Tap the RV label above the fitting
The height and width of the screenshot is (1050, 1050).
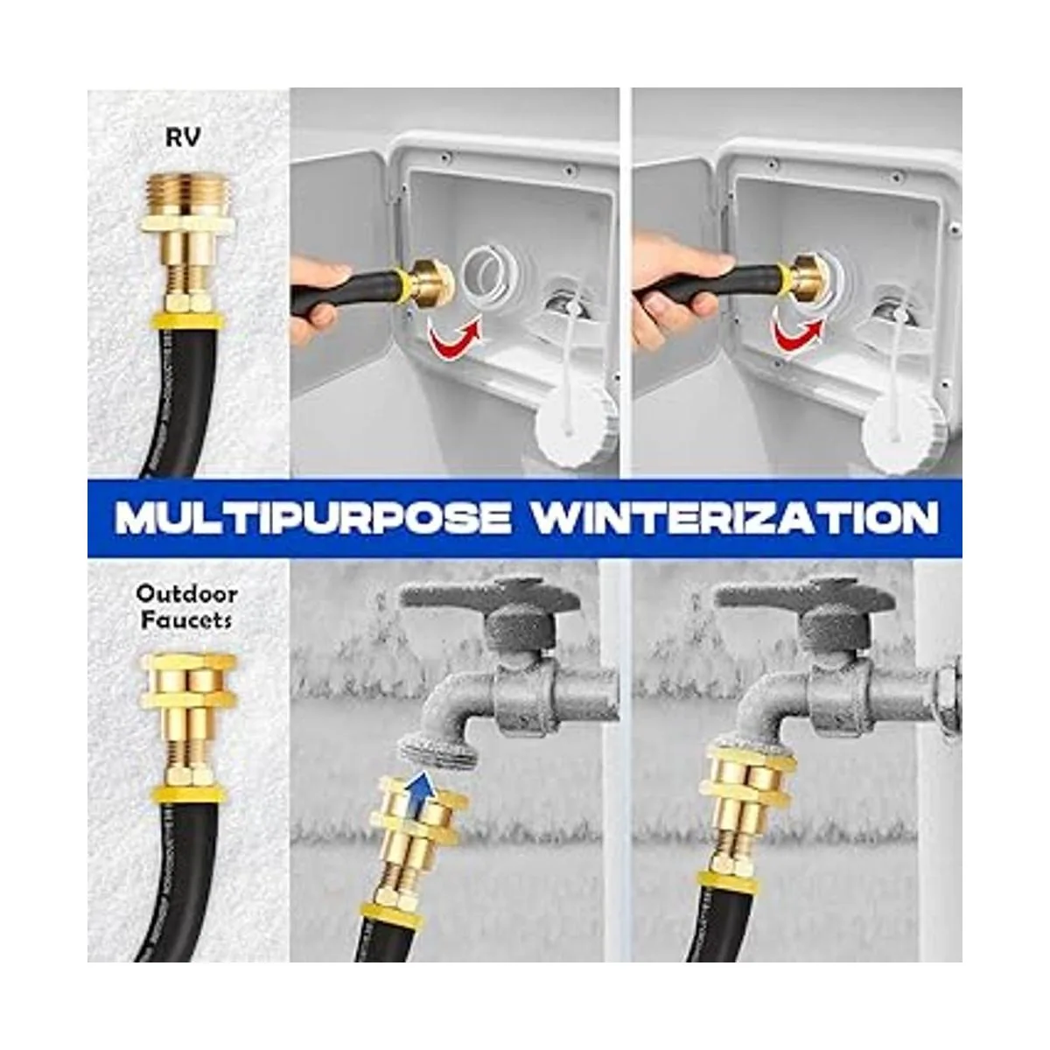[183, 137]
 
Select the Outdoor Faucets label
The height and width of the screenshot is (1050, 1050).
[185, 606]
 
